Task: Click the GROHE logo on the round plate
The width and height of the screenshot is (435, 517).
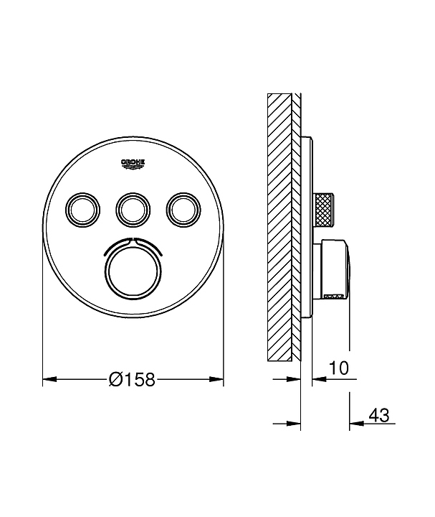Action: coord(133,164)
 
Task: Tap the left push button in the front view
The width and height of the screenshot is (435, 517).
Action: coord(83,210)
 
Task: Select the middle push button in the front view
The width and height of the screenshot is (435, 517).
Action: coord(133,210)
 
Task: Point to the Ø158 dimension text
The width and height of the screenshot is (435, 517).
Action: coord(132,380)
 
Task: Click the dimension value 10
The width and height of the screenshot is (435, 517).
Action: coord(338,368)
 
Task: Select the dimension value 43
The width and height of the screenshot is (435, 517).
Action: coord(378,415)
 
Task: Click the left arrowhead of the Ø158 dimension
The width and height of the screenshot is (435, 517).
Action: coord(49,380)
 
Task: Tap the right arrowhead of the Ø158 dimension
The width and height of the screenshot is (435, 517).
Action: coord(216,380)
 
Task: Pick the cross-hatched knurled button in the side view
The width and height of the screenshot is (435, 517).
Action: coord(324,210)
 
